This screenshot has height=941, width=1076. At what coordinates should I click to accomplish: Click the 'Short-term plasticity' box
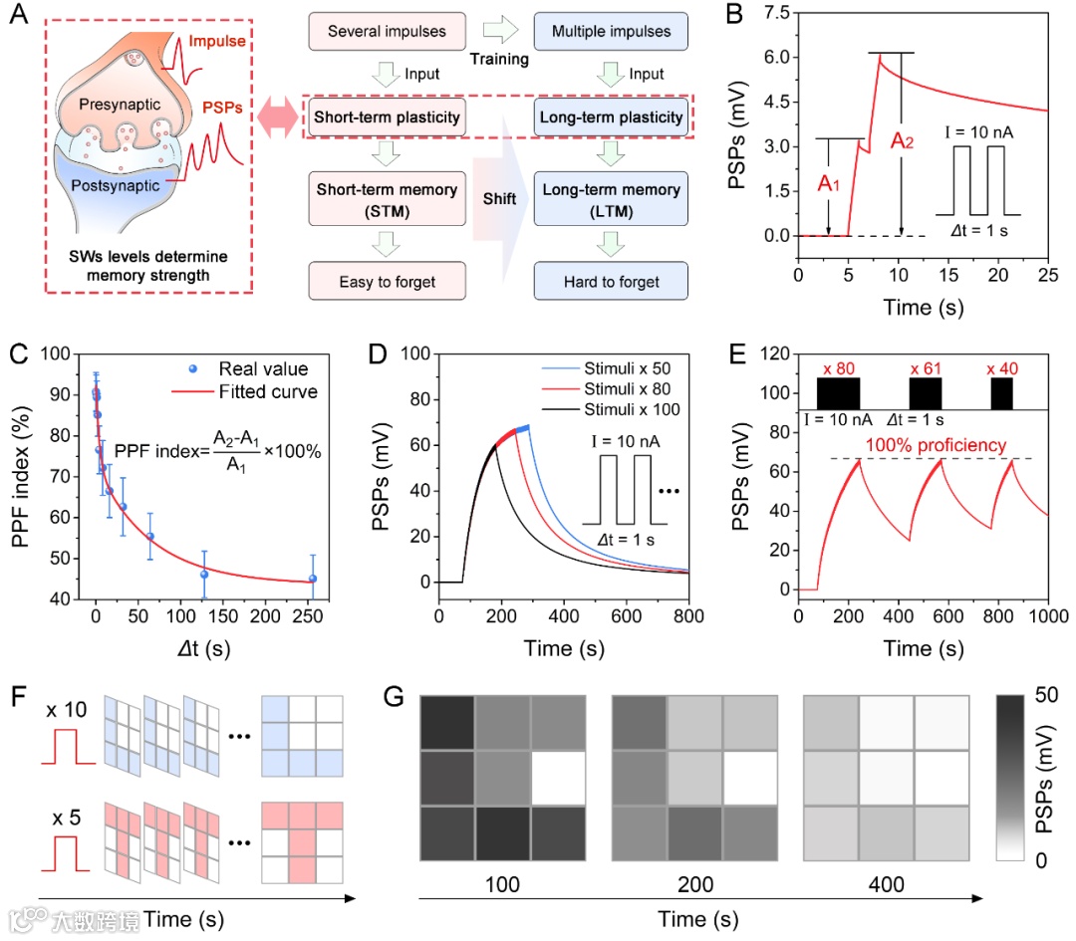coord(387,118)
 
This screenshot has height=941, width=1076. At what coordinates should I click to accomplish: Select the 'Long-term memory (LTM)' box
coord(611,199)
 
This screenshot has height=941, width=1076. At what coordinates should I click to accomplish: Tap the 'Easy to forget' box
coord(387,282)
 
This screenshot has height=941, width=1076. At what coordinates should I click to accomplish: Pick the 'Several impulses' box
coord(387,31)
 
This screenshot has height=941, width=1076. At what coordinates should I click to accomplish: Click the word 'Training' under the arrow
coord(499,59)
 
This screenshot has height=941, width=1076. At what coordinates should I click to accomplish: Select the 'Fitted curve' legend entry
coord(270,391)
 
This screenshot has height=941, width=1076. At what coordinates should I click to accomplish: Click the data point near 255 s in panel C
coord(312,579)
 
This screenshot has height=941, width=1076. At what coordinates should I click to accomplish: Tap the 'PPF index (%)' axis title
coord(30,475)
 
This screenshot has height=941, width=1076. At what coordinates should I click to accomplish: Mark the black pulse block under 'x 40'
coord(1001,393)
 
